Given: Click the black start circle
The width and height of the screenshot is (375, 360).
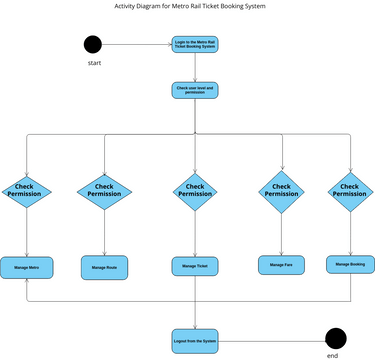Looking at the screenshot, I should coord(93,44).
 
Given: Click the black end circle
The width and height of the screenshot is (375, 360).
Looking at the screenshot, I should coord(335,338).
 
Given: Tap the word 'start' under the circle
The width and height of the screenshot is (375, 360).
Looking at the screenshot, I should coord(95,63).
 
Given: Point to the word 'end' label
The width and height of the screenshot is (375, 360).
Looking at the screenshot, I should coord(333,355).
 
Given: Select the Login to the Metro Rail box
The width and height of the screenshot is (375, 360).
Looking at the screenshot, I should coord(195,45).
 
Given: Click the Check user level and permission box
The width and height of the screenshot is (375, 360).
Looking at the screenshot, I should coord(195,90).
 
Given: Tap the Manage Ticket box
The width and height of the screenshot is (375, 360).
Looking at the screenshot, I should coord(195,266).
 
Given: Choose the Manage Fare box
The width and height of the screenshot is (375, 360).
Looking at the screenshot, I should coord(281,265).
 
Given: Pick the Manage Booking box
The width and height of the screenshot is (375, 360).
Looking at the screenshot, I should coord(350,264).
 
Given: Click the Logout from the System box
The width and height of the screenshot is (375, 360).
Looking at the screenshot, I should coord(195,340).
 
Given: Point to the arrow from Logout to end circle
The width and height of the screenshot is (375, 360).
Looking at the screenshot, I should coord(272,339).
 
